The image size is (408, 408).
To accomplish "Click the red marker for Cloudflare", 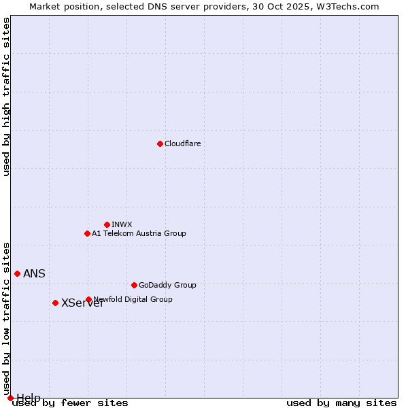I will pyautogui.click(x=160, y=143).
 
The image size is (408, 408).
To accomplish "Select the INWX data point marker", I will pyautogui.click(x=107, y=224).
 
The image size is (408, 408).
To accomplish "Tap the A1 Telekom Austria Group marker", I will pyautogui.click(x=87, y=233).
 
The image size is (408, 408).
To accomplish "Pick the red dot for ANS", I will pyautogui.click(x=17, y=273).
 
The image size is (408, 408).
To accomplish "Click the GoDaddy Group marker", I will pyautogui.click(x=134, y=285).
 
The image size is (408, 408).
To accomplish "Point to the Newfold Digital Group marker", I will pyautogui.click(x=88, y=299).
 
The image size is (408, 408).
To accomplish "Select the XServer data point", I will pyautogui.click(x=55, y=303).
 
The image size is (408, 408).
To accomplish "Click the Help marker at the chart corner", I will pyautogui.click(x=10, y=398).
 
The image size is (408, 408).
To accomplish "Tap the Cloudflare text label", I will pyautogui.click(x=183, y=143).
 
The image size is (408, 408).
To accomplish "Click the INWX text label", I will pyautogui.click(x=122, y=224).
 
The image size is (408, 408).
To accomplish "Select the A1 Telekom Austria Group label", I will pyautogui.click(x=139, y=233).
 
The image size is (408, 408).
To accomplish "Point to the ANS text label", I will pyautogui.click(x=34, y=274).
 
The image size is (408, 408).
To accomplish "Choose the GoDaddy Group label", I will pyautogui.click(x=167, y=285).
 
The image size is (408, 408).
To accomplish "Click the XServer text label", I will pyautogui.click(x=82, y=303).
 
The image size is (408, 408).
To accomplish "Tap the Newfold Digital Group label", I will pyautogui.click(x=133, y=299).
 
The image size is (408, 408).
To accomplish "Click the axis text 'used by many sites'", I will pyautogui.click(x=341, y=403).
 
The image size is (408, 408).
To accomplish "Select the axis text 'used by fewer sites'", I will pyautogui.click(x=71, y=403).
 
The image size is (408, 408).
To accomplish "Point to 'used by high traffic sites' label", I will pyautogui.click(x=7, y=97).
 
